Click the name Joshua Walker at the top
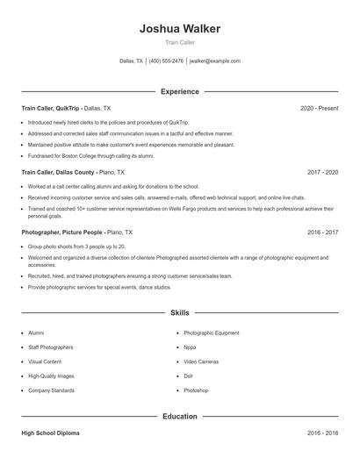click(x=179, y=28)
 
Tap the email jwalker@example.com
click(x=214, y=61)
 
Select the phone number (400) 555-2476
click(x=166, y=61)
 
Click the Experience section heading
click(x=179, y=91)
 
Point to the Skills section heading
click(x=179, y=312)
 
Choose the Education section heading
click(x=179, y=416)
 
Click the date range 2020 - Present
click(x=319, y=108)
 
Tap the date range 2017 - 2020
click(x=322, y=173)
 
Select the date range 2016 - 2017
click(x=322, y=232)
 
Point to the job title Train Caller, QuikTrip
click(x=50, y=108)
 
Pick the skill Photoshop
click(x=196, y=390)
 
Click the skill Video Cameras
click(x=201, y=361)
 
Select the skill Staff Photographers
click(x=50, y=347)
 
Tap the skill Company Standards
click(x=50, y=390)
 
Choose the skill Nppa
click(x=191, y=347)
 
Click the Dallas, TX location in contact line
click(x=132, y=61)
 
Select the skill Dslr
click(x=190, y=376)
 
